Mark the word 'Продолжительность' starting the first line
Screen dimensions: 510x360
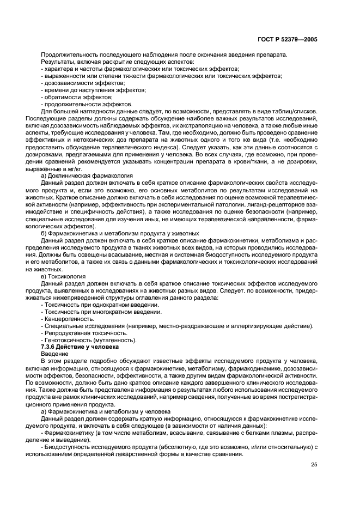(68, 54)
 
